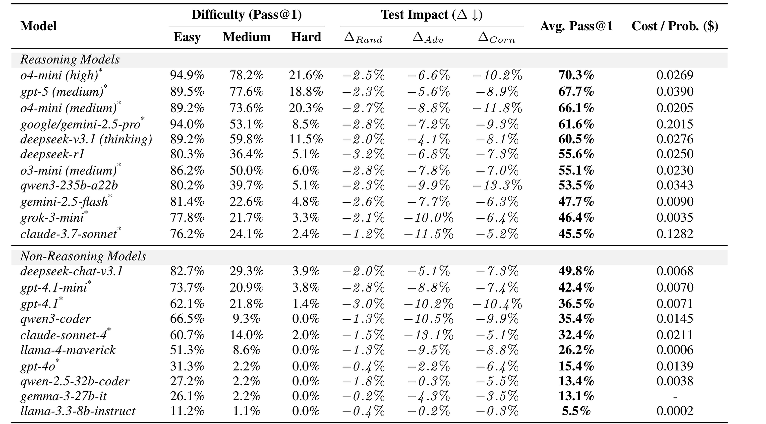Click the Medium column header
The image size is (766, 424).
click(x=246, y=37)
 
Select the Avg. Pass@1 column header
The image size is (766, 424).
click(x=577, y=26)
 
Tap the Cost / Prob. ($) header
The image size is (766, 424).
click(x=675, y=26)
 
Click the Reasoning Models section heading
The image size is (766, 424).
click(x=70, y=60)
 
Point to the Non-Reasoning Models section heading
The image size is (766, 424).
click(x=83, y=256)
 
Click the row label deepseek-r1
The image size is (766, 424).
click(x=52, y=154)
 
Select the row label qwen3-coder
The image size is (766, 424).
click(x=55, y=319)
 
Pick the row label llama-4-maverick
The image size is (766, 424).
click(x=68, y=350)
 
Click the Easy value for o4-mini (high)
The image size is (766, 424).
click(x=187, y=75)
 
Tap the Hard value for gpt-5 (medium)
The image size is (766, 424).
click(x=306, y=91)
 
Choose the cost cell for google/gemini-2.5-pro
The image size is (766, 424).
click(x=675, y=124)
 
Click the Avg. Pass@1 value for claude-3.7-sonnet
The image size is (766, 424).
click(x=576, y=234)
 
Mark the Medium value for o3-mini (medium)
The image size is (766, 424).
click(x=246, y=170)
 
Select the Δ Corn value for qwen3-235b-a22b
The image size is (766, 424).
click(x=497, y=185)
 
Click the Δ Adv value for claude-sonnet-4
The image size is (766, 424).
click(x=429, y=335)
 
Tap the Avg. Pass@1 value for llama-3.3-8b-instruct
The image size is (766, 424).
click(x=576, y=411)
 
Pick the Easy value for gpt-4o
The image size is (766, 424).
click(x=187, y=366)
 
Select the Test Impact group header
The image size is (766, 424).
click(x=432, y=15)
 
